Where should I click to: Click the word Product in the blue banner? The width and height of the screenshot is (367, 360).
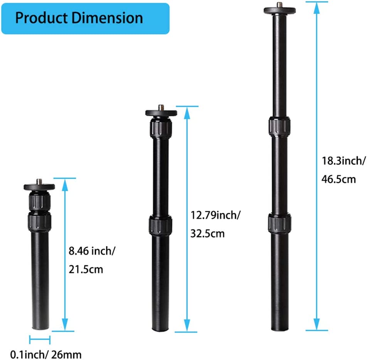[x=41, y=18]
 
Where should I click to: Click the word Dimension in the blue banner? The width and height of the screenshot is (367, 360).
[x=107, y=18]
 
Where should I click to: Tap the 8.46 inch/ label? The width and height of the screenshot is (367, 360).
[x=92, y=251]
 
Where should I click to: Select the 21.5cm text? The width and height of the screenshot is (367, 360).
[x=86, y=269]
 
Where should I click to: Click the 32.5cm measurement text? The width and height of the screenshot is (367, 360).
[x=207, y=234]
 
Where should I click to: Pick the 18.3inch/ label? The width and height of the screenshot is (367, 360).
[x=343, y=161]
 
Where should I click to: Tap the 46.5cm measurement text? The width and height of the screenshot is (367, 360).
[x=338, y=179]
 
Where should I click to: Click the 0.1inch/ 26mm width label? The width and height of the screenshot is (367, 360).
[x=46, y=355]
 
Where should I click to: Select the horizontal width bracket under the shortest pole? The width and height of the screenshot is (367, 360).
[x=40, y=340]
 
